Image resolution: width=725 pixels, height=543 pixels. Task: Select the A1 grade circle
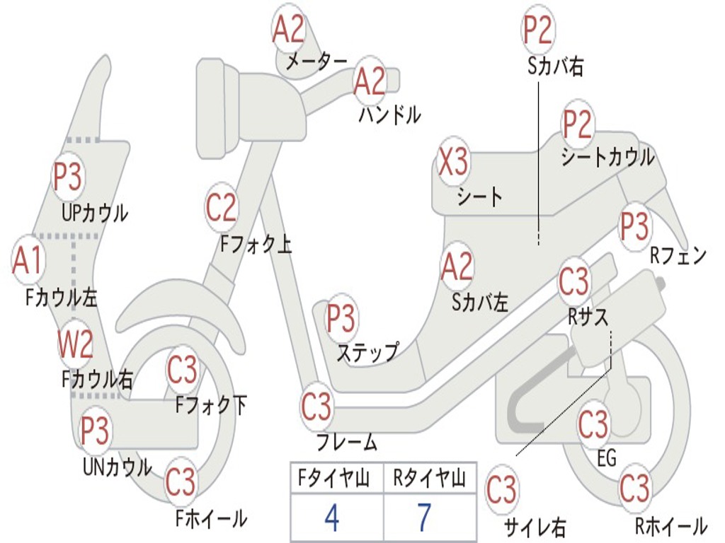click(28, 260)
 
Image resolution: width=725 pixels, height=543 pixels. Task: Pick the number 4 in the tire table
click(331, 518)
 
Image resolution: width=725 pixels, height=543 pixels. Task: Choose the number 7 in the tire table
click(424, 518)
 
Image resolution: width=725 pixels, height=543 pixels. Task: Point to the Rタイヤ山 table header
click(430, 480)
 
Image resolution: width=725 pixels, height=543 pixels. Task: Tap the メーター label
click(316, 63)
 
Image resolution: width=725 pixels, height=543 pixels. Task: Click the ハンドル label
click(389, 114)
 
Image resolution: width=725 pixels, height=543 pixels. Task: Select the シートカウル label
click(607, 157)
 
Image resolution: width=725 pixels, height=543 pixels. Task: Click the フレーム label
click(346, 443)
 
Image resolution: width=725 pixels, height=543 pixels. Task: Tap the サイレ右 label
click(535, 526)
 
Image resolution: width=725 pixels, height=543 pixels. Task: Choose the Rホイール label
click(670, 526)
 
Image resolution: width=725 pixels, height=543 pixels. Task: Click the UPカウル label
click(95, 212)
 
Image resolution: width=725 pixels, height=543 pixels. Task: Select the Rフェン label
click(678, 257)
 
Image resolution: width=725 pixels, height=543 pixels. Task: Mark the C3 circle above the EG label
click(593, 425)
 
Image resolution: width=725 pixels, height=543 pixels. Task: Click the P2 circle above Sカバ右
click(538, 30)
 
